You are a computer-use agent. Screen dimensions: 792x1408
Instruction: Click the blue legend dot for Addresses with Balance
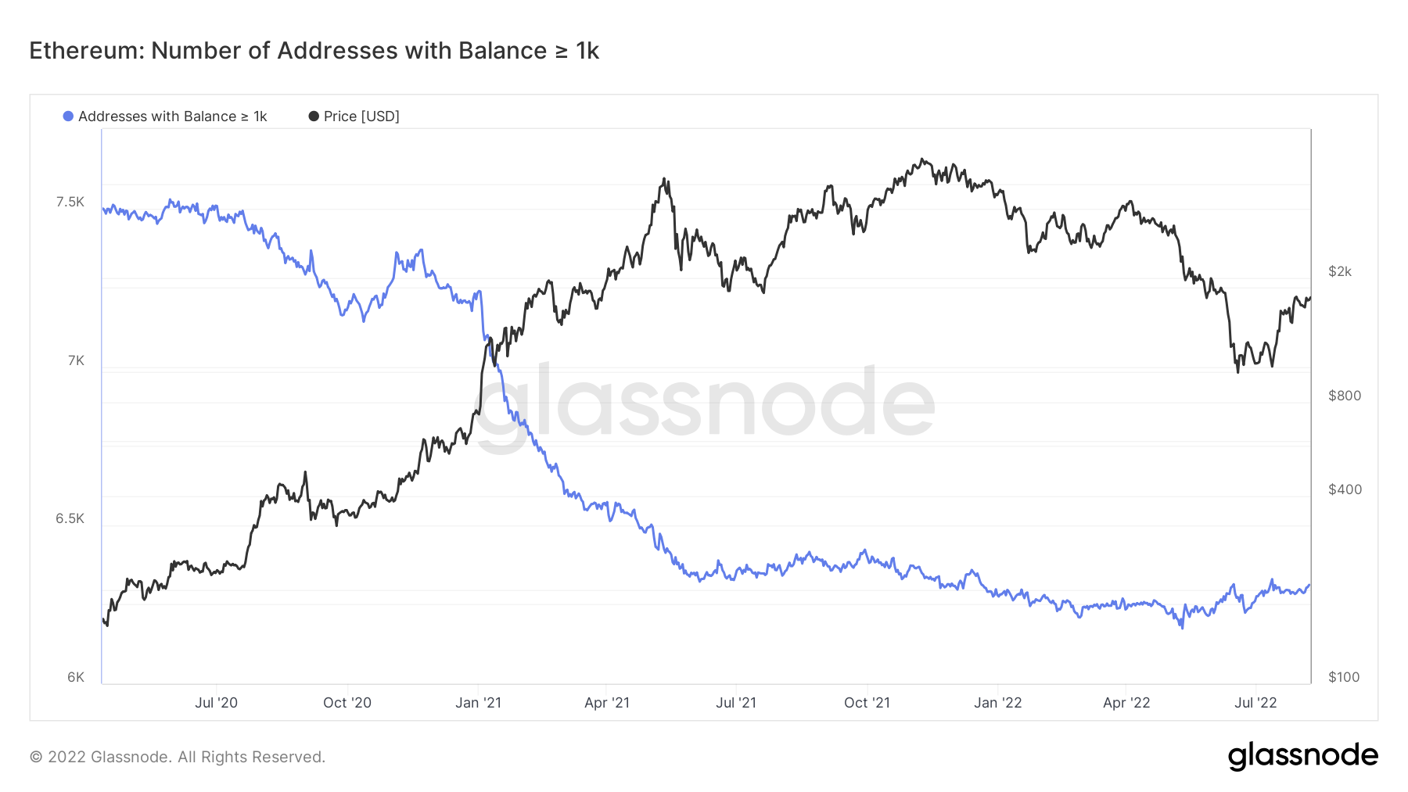click(68, 116)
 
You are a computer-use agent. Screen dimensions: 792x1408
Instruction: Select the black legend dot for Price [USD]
click(314, 116)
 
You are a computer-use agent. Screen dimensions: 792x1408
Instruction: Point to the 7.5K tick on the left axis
click(70, 202)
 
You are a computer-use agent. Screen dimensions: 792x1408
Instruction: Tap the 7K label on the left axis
click(76, 360)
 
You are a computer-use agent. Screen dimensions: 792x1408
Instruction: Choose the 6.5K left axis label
click(70, 518)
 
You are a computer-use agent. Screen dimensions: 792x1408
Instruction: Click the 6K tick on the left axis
click(76, 677)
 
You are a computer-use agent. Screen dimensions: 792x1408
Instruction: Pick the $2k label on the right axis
click(1340, 271)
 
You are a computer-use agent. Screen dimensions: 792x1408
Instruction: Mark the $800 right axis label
click(1345, 396)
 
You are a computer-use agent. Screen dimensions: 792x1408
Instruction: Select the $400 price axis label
click(1345, 489)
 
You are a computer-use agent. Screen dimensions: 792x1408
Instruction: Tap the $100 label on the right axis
click(1344, 677)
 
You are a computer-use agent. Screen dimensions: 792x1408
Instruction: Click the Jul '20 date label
click(216, 703)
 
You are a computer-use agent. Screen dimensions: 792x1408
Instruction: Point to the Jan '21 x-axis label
click(478, 703)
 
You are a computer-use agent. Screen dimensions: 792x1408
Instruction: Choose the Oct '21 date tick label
click(867, 703)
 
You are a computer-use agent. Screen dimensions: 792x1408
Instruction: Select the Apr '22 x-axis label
click(1126, 703)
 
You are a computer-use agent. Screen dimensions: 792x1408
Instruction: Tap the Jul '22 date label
click(1255, 703)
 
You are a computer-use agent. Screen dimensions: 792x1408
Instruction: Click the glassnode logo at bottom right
click(1302, 756)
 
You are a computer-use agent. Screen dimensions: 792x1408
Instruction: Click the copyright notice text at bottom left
click(178, 757)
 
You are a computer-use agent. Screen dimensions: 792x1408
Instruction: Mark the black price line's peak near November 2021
click(924, 159)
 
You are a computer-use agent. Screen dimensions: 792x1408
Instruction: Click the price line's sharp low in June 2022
click(1237, 371)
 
